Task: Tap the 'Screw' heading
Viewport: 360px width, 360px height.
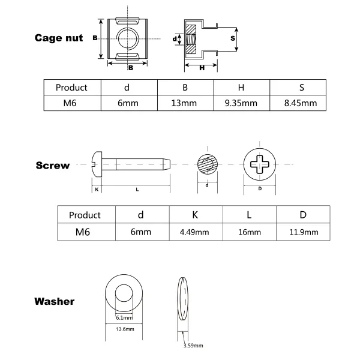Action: click(x=53, y=166)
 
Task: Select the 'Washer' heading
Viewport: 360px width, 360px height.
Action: click(x=55, y=301)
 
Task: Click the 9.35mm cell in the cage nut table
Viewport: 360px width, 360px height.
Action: click(x=241, y=103)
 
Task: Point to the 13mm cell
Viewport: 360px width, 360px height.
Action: click(x=185, y=103)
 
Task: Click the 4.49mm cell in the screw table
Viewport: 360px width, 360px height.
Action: click(x=196, y=232)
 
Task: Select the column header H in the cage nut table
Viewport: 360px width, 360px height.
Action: click(x=241, y=87)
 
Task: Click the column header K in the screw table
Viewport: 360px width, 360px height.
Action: click(x=196, y=215)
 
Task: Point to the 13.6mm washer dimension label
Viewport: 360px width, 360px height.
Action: click(x=124, y=329)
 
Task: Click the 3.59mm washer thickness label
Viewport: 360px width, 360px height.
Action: click(x=194, y=346)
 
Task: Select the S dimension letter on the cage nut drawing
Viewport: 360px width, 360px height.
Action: click(x=232, y=38)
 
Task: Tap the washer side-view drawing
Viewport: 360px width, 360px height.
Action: click(x=184, y=301)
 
